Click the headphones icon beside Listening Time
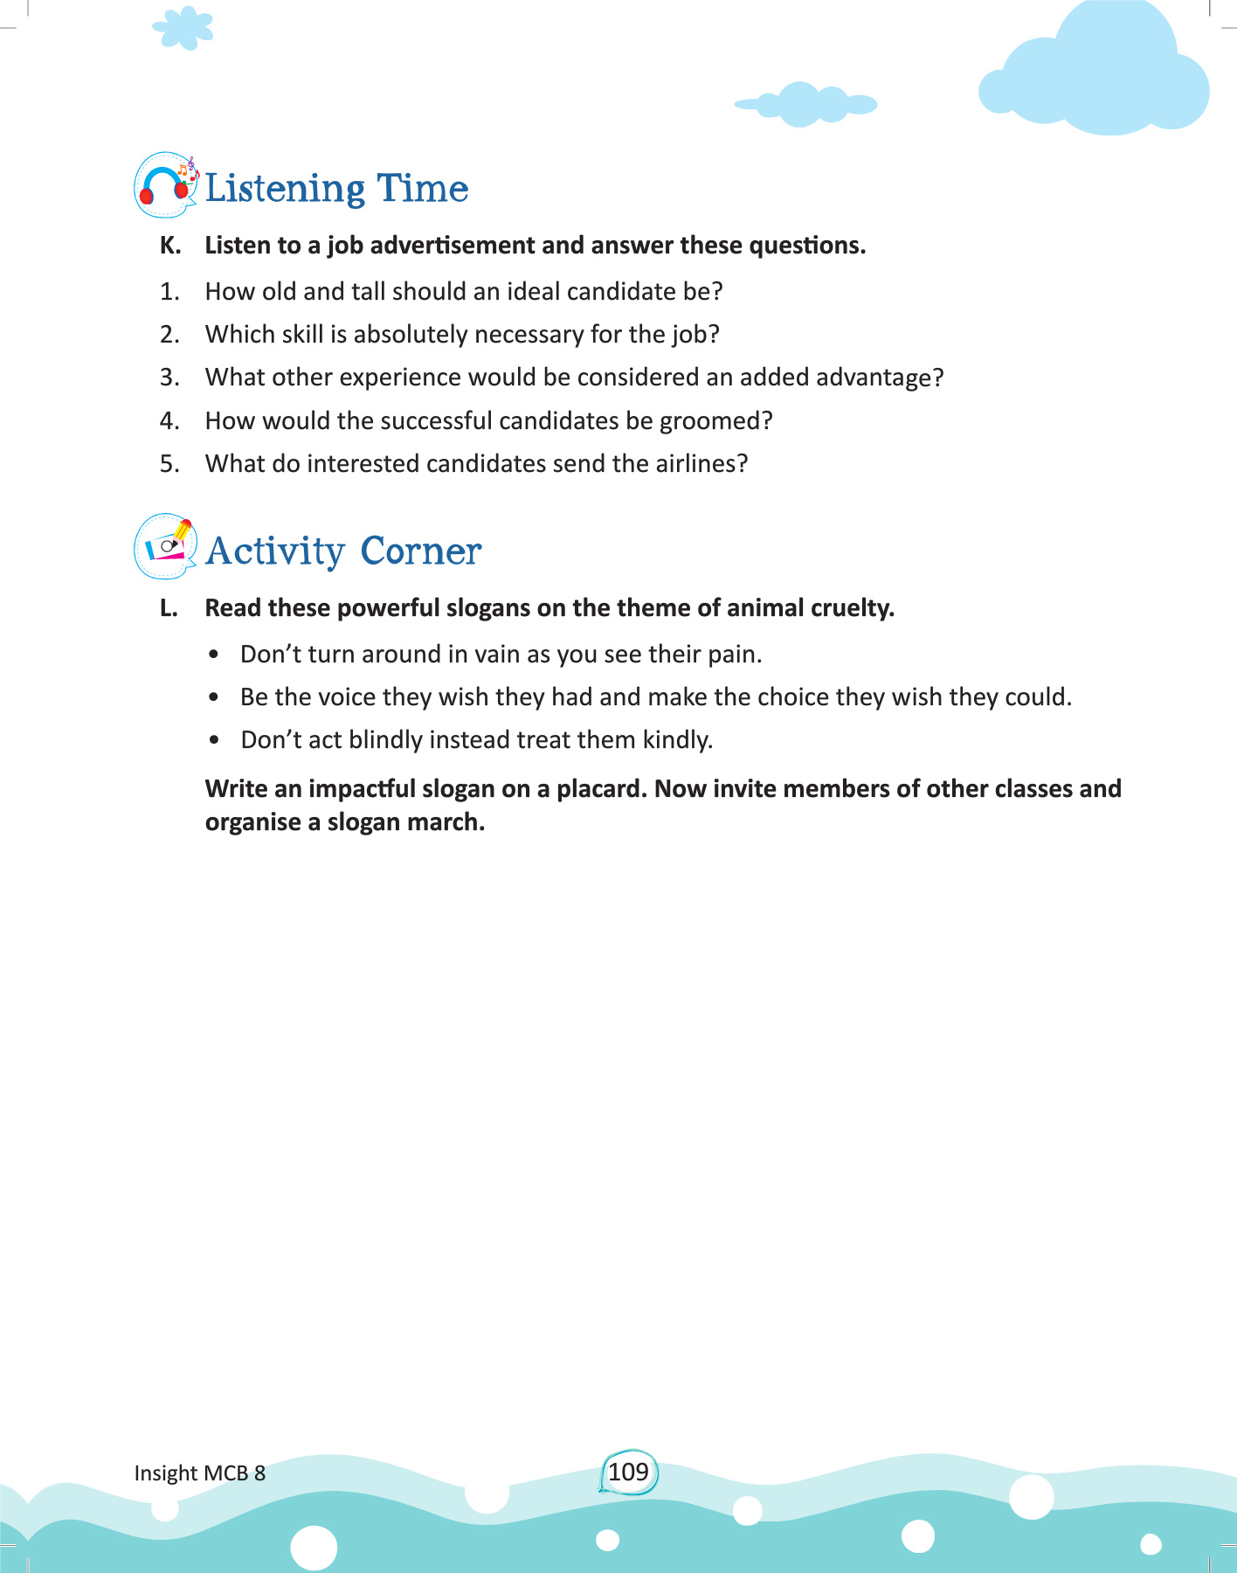(165, 185)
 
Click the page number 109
(628, 1472)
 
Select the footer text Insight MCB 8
(199, 1473)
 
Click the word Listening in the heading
(285, 189)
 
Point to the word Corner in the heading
(420, 551)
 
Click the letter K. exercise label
(170, 246)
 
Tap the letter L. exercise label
(169, 608)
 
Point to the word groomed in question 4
(715, 421)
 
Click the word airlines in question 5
(701, 464)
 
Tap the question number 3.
(169, 378)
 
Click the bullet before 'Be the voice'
(214, 697)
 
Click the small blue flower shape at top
(183, 28)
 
